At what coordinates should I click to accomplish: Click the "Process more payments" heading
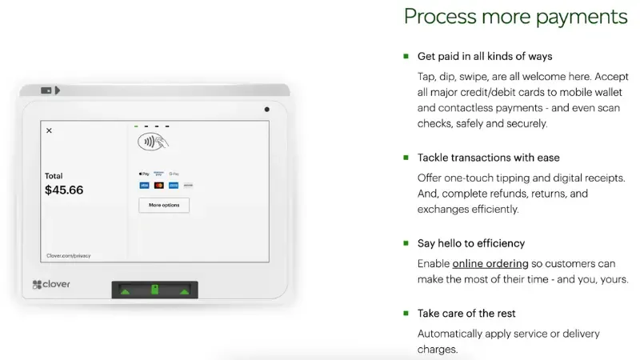[515, 16]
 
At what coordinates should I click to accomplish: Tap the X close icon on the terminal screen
[49, 130]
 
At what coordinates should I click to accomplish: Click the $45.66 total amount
[64, 190]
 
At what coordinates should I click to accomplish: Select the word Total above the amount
[54, 176]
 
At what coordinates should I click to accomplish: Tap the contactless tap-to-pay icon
[152, 142]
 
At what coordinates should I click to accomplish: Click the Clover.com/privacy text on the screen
[68, 256]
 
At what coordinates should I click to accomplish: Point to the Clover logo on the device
[52, 284]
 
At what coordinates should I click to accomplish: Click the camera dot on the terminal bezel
[266, 109]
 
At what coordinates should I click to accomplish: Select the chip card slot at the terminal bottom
[154, 290]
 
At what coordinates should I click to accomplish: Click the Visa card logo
[144, 185]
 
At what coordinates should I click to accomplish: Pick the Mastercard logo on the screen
[158, 185]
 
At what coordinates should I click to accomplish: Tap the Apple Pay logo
[144, 174]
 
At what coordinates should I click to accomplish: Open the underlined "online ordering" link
[490, 263]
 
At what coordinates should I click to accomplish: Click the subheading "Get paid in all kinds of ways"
[485, 57]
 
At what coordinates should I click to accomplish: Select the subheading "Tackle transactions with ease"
[488, 158]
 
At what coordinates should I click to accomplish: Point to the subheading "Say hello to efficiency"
[471, 243]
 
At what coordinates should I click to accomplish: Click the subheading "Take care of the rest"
[466, 313]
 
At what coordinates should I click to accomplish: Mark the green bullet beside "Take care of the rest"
[406, 313]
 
